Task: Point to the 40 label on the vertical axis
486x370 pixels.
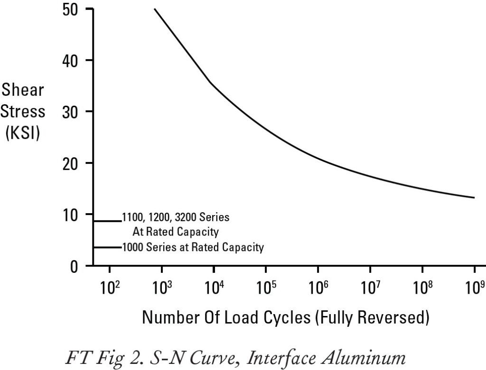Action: point(73,61)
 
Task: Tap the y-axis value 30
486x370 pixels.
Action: point(73,112)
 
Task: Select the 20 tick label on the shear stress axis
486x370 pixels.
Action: point(73,163)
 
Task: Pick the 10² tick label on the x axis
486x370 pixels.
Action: point(110,288)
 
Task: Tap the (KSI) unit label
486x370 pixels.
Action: point(23,133)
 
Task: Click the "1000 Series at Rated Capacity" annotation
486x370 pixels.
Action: point(193,247)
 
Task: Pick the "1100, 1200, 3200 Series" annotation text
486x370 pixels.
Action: point(176,218)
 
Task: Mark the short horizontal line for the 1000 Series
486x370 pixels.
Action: point(107,247)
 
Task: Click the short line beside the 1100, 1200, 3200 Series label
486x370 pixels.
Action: point(107,221)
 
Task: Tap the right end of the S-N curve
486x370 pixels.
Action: point(474,198)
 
